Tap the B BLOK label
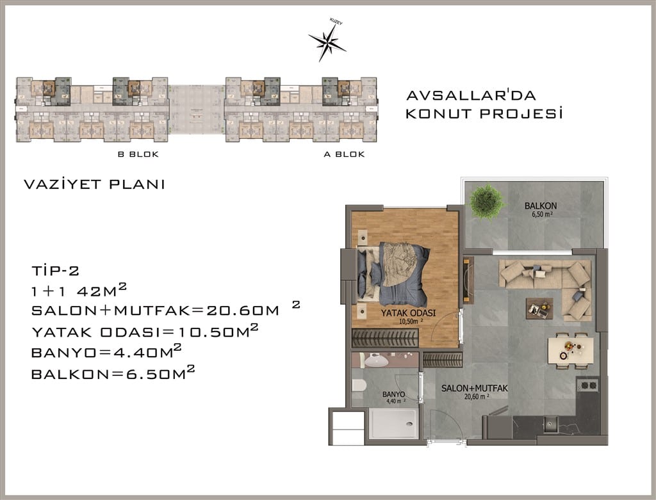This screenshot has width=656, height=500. pyautogui.click(x=138, y=154)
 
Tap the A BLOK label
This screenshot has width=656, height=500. pyautogui.click(x=344, y=154)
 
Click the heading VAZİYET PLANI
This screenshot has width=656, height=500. pyautogui.click(x=95, y=184)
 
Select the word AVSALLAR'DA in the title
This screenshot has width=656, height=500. pyautogui.click(x=471, y=95)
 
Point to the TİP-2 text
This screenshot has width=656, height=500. pyautogui.click(x=55, y=270)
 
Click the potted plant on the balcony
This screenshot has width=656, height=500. pyautogui.click(x=486, y=202)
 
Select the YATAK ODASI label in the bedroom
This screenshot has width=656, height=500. pyautogui.click(x=408, y=312)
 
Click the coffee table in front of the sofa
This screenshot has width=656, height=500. pyautogui.click(x=539, y=309)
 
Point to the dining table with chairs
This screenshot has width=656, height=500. pyautogui.click(x=571, y=351)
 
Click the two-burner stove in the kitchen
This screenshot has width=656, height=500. pyautogui.click(x=588, y=385)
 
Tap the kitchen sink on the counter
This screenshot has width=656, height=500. pyautogui.click(x=550, y=424)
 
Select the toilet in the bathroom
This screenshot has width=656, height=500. pyautogui.click(x=359, y=385)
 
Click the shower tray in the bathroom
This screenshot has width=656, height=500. pyautogui.click(x=393, y=423)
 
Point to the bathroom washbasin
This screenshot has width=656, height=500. pyautogui.click(x=377, y=360)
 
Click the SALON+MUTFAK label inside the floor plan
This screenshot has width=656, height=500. pyautogui.click(x=475, y=389)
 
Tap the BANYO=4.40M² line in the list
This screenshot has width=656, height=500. pyautogui.click(x=106, y=351)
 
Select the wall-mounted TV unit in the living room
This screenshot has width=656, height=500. pyautogui.click(x=468, y=281)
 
